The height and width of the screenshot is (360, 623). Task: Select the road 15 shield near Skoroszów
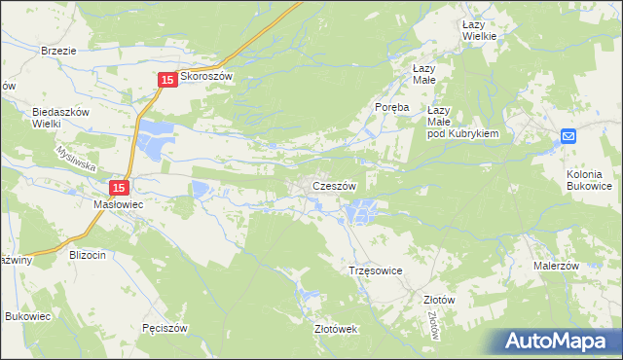(166, 80)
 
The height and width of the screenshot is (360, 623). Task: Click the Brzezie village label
(59, 50)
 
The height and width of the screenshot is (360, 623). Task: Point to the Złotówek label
(336, 330)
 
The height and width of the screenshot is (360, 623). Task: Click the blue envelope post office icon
(569, 137)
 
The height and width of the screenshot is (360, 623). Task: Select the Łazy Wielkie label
(480, 29)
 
